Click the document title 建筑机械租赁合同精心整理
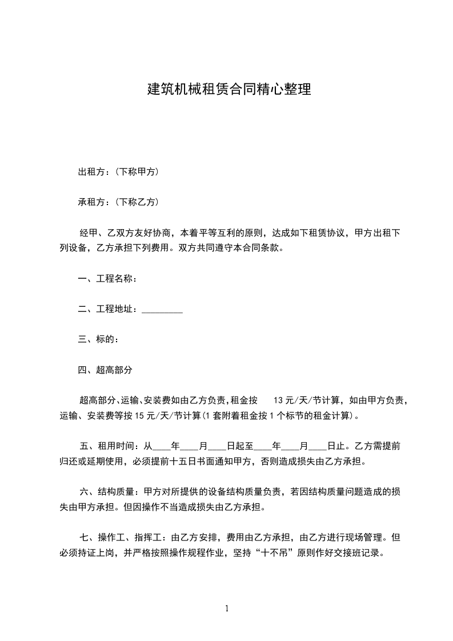point(229,90)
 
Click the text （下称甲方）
point(137,171)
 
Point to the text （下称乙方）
point(137,202)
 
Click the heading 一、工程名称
point(107,279)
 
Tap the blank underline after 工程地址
point(162,310)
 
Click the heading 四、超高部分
point(105,370)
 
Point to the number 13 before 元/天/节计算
point(280,400)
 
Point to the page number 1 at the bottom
point(227,608)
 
